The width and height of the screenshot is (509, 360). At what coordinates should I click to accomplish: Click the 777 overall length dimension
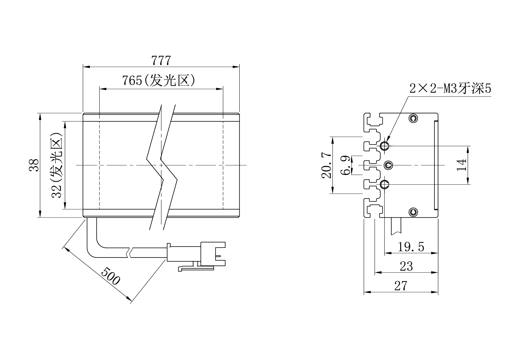pos(161,61)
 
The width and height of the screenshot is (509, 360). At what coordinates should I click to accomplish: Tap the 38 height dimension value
pos(34,165)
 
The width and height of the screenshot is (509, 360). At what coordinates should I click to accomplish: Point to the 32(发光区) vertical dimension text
pos(57,165)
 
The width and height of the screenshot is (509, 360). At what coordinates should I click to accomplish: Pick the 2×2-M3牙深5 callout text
pos(450,89)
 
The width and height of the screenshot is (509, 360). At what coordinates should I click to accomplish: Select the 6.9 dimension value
pos(346,165)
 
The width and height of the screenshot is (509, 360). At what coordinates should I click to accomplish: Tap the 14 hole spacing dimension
pos(461,165)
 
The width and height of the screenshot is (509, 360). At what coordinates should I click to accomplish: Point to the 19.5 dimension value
pos(411,247)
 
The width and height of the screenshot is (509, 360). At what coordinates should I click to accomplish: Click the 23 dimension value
pos(406,266)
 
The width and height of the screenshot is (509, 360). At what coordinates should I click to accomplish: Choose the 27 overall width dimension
pos(401,286)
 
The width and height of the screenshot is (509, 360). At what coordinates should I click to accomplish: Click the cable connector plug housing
pos(213,254)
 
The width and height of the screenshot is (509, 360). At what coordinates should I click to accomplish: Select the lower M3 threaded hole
pos(385,184)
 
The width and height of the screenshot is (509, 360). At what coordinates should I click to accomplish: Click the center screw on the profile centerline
pos(388,165)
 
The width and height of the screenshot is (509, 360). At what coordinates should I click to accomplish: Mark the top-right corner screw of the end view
pos(413,118)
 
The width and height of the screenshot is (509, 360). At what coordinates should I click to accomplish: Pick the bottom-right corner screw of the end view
pos(413,212)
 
